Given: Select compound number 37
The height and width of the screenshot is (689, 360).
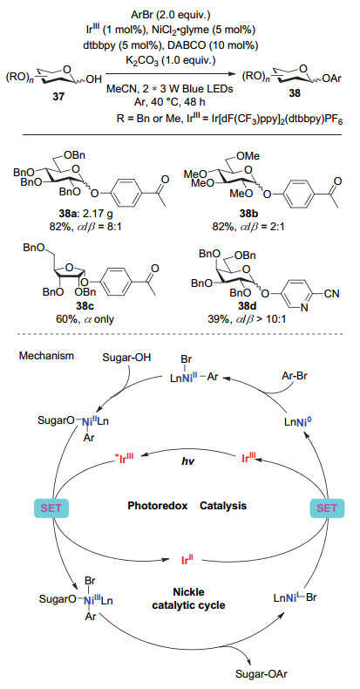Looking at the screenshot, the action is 59,98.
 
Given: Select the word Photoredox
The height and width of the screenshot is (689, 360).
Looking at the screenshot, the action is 158,506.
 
